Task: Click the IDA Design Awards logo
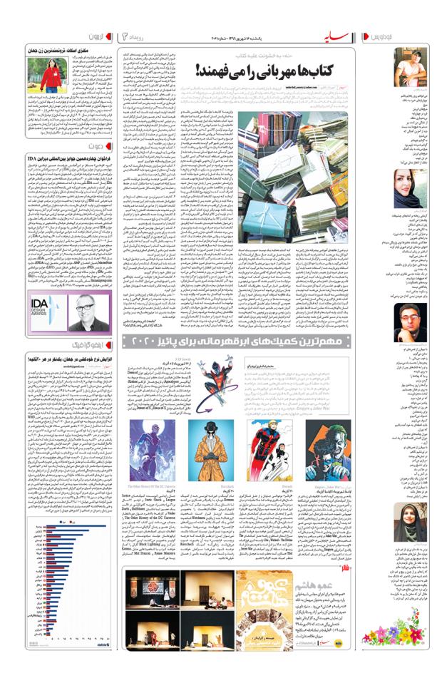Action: pos(47,311)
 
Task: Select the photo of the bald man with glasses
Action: pos(87,311)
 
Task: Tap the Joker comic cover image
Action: pos(329,449)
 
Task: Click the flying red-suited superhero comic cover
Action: pos(269,449)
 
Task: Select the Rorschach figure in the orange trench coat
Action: pos(210,449)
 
